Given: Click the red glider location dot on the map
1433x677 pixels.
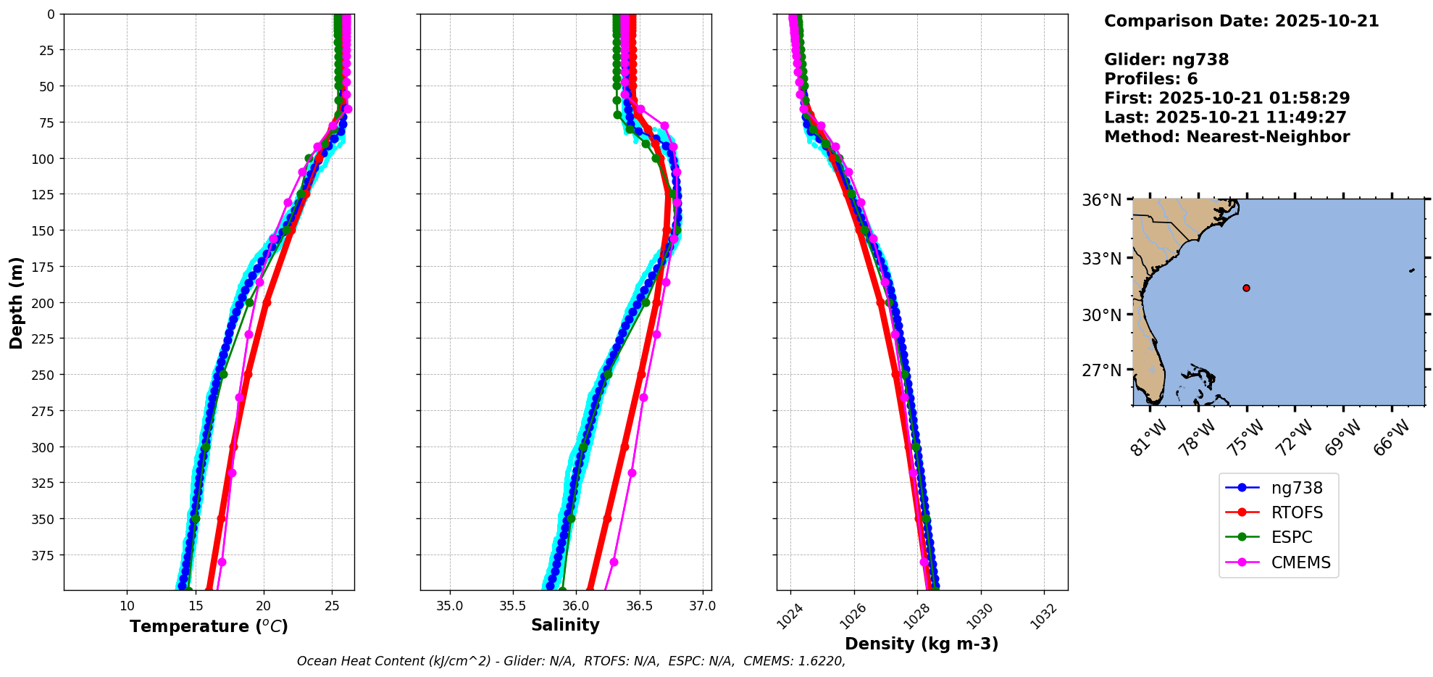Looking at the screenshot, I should (x=1246, y=288).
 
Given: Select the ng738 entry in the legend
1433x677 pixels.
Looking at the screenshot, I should (x=1296, y=488).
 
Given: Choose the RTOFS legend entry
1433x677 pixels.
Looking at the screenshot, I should (x=1296, y=512).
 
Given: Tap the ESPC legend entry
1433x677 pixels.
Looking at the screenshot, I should (x=1291, y=537).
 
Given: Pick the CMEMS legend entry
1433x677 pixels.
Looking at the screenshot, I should (x=1300, y=562).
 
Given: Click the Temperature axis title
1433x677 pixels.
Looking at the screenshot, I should (x=209, y=626).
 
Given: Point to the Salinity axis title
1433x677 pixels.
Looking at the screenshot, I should (x=565, y=625).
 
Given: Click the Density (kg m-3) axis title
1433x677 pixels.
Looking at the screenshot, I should (x=922, y=644).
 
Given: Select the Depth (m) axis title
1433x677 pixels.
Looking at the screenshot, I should (x=16, y=302).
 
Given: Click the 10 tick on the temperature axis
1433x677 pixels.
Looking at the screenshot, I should (x=127, y=606).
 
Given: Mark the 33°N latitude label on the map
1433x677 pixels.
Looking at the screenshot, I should (x=1101, y=259).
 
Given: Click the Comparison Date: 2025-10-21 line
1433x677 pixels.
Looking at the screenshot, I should (x=1241, y=21).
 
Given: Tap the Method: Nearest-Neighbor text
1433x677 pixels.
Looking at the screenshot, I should (x=1227, y=137).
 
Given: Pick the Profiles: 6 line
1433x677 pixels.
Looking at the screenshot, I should (x=1150, y=79).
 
